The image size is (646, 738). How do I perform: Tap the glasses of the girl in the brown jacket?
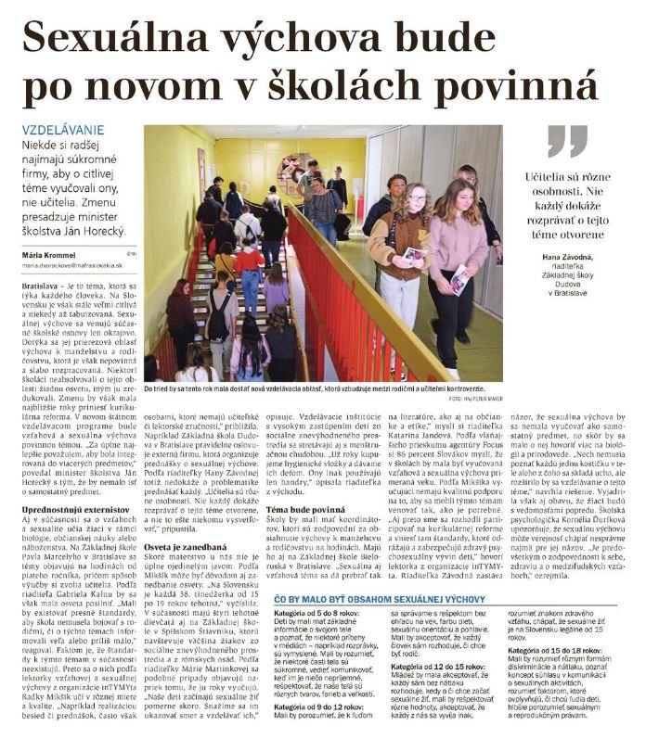[417, 199]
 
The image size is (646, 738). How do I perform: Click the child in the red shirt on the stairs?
[249, 269]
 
